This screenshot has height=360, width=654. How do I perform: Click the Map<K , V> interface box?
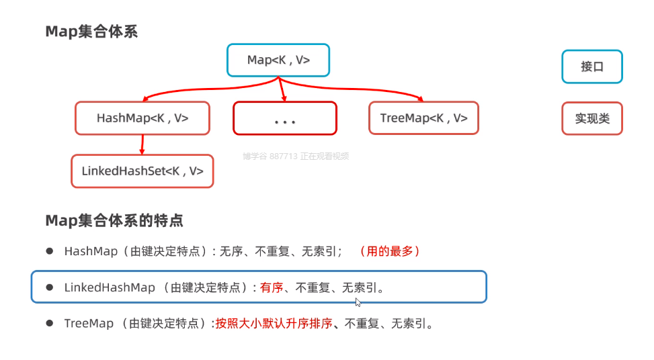tap(278, 60)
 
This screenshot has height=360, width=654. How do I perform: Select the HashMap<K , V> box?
tap(142, 118)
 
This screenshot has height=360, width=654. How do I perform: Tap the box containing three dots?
tap(285, 118)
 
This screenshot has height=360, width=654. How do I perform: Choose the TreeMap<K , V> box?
tap(423, 118)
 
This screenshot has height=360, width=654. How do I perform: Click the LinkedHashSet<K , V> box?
tap(142, 171)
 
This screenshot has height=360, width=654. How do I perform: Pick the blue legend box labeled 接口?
tap(592, 66)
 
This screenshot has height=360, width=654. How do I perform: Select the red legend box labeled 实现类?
tap(592, 118)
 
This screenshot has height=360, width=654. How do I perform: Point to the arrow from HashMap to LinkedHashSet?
tap(142, 144)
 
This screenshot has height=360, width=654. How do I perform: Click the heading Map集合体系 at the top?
tap(91, 32)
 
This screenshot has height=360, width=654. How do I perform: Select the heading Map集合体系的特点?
tap(114, 220)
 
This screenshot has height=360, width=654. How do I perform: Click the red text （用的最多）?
tap(390, 251)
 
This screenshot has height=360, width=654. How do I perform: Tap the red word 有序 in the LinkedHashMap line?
tap(272, 287)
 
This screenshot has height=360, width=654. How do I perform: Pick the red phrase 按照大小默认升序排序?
tap(274, 324)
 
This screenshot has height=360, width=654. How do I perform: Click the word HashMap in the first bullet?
tap(88, 251)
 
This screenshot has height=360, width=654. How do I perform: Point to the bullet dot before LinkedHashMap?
tap(49, 287)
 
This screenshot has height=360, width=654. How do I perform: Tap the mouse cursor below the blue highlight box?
tap(358, 302)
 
